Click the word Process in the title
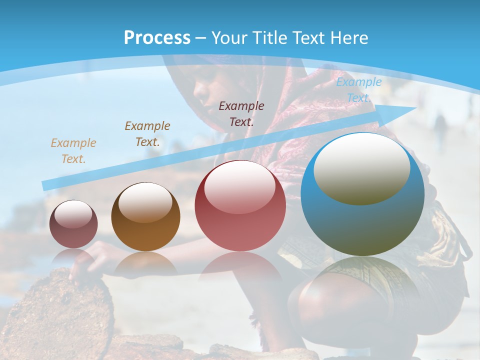157,38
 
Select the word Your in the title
229,38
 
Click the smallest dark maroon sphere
73,224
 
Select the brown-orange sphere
145,217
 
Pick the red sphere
240,206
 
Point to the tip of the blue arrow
416,107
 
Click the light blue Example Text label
358,90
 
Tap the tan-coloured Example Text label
73,151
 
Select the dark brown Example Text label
147,134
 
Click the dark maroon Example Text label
241,113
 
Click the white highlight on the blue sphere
362,167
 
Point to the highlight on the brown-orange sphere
145,201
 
